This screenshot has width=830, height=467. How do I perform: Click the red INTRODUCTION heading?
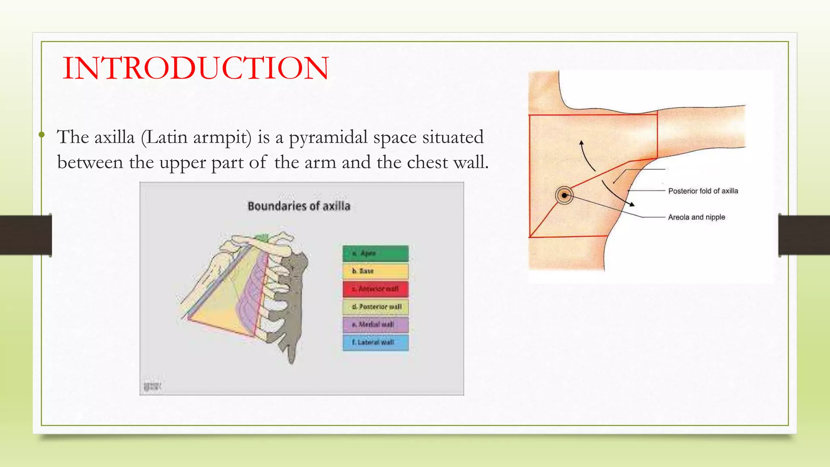(196, 68)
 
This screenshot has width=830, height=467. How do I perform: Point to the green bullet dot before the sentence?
(41, 134)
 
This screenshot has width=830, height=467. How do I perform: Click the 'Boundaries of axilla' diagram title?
(299, 206)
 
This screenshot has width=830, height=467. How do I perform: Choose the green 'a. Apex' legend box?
(375, 253)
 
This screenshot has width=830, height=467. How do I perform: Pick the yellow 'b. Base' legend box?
(375, 271)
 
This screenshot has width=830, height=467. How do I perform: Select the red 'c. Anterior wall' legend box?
(375, 289)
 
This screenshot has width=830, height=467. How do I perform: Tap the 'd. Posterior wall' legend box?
(375, 307)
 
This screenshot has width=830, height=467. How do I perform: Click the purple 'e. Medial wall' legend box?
(375, 325)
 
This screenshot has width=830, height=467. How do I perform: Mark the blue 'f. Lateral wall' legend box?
(375, 343)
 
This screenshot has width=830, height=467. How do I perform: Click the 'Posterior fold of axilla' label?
(703, 191)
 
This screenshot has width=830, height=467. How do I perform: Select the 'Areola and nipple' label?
(696, 217)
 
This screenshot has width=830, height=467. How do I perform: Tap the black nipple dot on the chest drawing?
(564, 195)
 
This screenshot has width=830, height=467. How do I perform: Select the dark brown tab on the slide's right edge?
(804, 235)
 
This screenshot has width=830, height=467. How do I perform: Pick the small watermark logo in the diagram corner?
(152, 386)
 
